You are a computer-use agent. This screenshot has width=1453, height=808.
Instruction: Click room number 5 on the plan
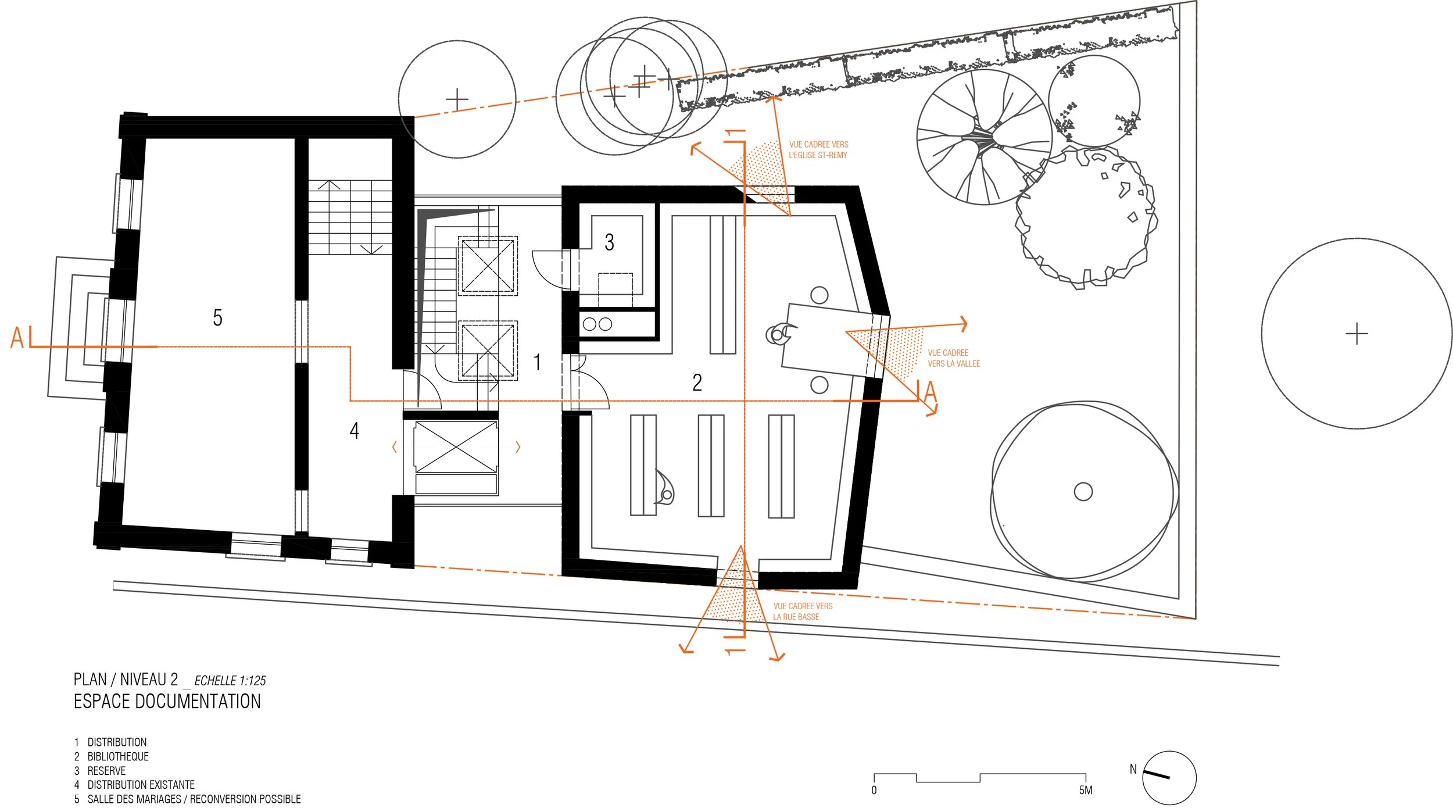point(217,317)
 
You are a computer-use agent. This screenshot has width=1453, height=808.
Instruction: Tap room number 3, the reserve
point(609,242)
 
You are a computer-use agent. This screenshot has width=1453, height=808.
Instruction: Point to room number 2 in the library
point(697,382)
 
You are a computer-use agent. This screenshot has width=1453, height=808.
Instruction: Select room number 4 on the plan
point(354,431)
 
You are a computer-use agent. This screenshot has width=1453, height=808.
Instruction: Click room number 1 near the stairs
point(538,362)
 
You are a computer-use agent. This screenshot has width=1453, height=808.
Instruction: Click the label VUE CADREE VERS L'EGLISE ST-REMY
point(818,150)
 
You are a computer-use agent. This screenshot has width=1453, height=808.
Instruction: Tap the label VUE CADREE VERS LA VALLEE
point(954,358)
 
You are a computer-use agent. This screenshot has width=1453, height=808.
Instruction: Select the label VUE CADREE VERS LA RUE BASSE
point(803,612)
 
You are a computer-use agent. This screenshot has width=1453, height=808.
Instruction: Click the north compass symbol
point(1168,778)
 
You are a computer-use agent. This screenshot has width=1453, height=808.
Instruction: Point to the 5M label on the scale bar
point(1086,791)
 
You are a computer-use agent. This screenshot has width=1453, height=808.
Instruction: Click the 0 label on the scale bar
point(874,791)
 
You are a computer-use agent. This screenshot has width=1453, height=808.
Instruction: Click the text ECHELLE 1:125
point(230,681)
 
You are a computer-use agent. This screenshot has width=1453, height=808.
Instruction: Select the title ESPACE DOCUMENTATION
point(167,702)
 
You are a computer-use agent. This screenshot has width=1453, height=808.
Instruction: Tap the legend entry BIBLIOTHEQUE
point(118,756)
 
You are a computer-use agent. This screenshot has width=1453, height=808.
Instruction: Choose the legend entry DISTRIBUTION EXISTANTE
point(141,785)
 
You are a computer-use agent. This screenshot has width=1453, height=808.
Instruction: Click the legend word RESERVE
point(106,771)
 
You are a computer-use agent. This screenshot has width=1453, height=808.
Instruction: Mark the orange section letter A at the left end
point(17,338)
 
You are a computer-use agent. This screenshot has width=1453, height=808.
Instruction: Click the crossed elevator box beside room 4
point(456,447)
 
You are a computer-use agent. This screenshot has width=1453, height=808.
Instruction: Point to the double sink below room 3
point(597,324)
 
